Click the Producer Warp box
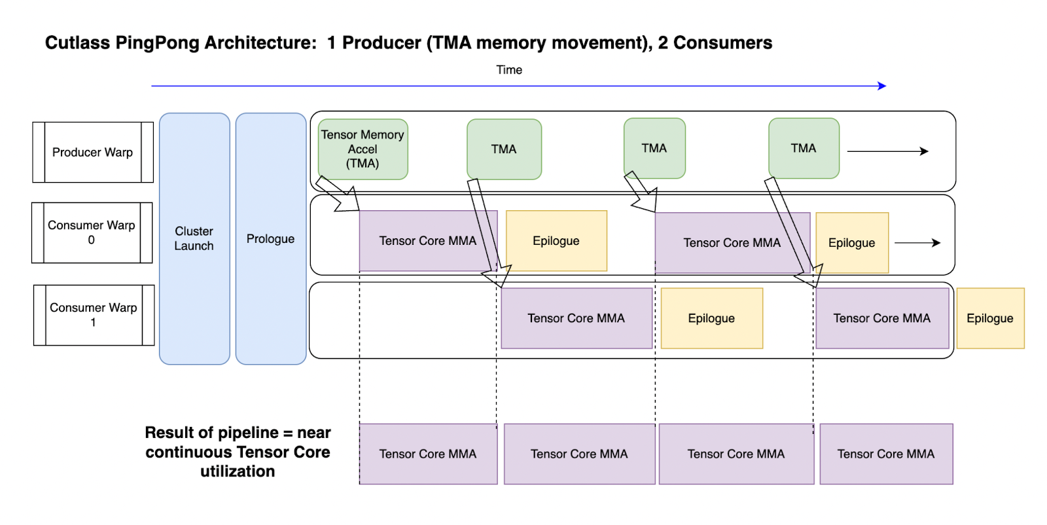coord(92,153)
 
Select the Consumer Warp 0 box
coord(92,232)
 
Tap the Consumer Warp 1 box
coord(94,315)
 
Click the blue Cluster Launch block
coord(194,239)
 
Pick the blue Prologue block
coord(270,239)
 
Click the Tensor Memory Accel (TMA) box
coord(363,149)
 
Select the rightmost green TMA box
coord(804,149)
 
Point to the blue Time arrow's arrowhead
coord(883,86)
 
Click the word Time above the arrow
coord(509,70)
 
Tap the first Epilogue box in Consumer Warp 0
coord(556,241)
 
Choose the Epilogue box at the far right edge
coord(990,318)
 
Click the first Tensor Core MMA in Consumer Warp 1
coord(576,318)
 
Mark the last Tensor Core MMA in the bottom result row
coord(886,454)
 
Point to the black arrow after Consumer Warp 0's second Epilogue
coord(917,243)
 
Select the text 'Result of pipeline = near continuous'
coord(238,443)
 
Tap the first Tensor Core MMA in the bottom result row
coord(428,454)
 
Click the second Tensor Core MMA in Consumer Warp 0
coord(732,243)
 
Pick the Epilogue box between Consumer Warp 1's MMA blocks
coord(711,318)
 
